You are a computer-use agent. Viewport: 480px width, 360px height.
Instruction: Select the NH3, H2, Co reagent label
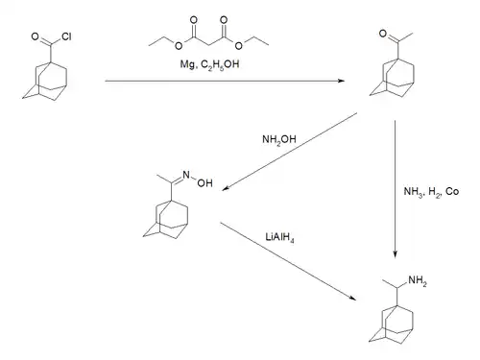[x=431, y=191]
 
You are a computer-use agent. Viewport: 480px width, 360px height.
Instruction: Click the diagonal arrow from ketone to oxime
[x=288, y=154]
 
